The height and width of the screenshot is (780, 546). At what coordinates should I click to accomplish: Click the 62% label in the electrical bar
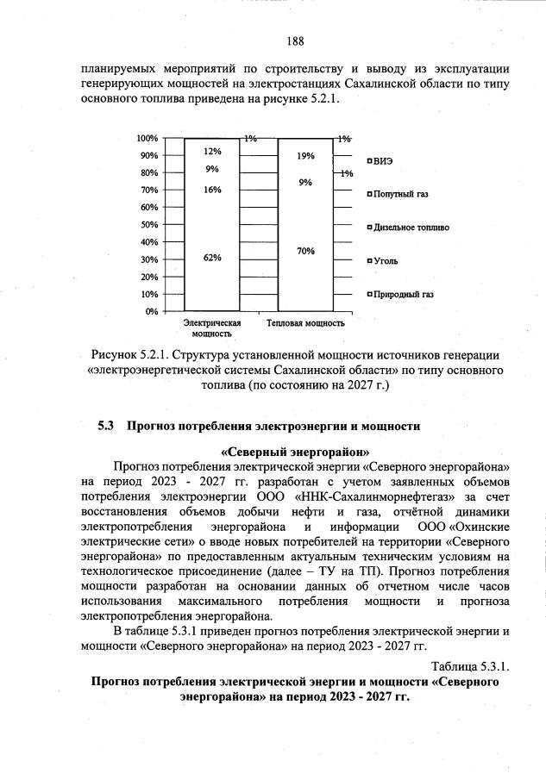coord(212,258)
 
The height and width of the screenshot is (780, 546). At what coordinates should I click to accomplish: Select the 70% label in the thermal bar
coord(305,251)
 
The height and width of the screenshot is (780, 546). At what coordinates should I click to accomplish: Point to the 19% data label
coord(305,156)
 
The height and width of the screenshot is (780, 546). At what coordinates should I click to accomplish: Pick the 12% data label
coord(212,151)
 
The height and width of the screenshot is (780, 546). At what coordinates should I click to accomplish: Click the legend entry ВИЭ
coord(384,161)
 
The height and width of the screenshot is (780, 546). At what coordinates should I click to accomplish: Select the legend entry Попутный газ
coord(400,194)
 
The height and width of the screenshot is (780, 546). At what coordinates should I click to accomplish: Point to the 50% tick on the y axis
coord(147,224)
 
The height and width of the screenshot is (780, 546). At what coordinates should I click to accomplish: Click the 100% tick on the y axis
coord(146,138)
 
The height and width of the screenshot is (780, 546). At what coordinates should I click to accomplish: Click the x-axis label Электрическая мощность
coord(211,328)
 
